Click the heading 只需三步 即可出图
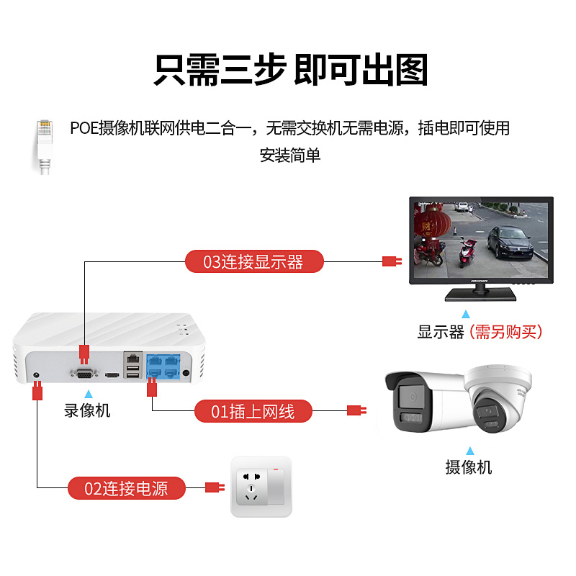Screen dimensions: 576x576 (290, 70)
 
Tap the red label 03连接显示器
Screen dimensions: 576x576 (254, 261)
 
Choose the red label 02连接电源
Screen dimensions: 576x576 (127, 489)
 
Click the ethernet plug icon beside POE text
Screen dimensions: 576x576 (45, 144)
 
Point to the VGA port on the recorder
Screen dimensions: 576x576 (85, 372)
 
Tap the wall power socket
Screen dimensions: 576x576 (261, 487)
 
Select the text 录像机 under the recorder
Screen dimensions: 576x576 (88, 411)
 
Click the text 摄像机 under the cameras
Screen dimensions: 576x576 (469, 467)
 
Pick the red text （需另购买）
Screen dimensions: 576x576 (505, 333)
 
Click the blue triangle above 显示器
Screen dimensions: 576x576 (466, 314)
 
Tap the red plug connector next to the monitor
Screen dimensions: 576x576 (391, 261)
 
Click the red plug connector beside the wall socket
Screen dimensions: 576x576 (214, 487)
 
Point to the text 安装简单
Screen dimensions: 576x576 (289, 154)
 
